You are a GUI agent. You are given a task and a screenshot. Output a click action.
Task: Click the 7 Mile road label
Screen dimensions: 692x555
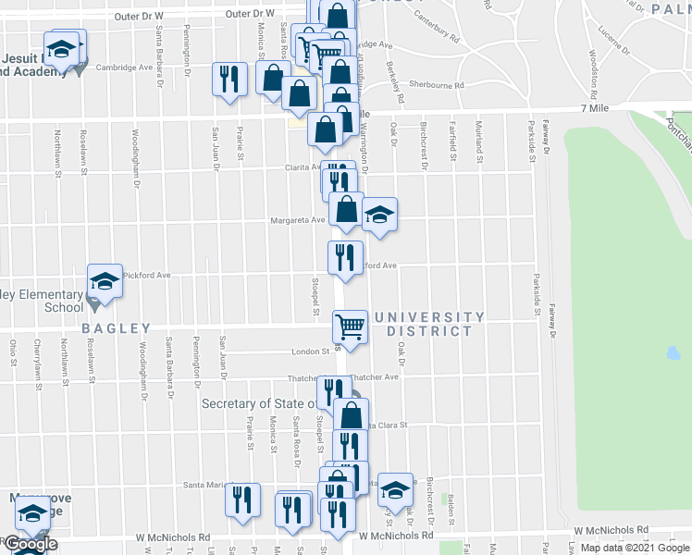coord(598,109)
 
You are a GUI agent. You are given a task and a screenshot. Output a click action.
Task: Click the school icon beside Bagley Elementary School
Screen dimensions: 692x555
coord(105,282)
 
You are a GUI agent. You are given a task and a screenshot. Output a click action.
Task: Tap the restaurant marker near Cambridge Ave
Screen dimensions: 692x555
coord(229,79)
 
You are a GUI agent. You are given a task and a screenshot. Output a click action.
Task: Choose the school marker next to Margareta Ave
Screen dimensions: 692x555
coord(379,216)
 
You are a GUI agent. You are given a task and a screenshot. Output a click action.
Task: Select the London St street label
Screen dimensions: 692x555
coord(312,351)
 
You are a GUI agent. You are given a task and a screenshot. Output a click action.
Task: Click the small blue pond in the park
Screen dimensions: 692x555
coord(673,352)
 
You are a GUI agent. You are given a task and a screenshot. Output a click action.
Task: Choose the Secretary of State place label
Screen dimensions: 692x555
coord(262,403)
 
